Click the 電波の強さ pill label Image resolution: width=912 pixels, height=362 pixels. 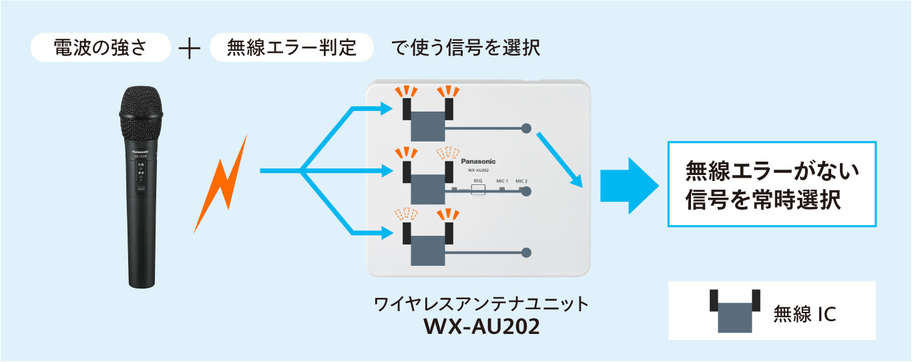coord(100,49)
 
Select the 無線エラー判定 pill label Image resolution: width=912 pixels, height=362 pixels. coord(291,49)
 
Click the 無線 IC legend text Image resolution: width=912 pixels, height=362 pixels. coord(805,313)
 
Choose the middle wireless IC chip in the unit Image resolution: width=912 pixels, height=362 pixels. coord(428,184)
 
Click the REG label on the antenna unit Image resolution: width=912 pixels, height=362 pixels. coord(478,181)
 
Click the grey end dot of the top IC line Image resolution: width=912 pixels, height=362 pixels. coord(526,128)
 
